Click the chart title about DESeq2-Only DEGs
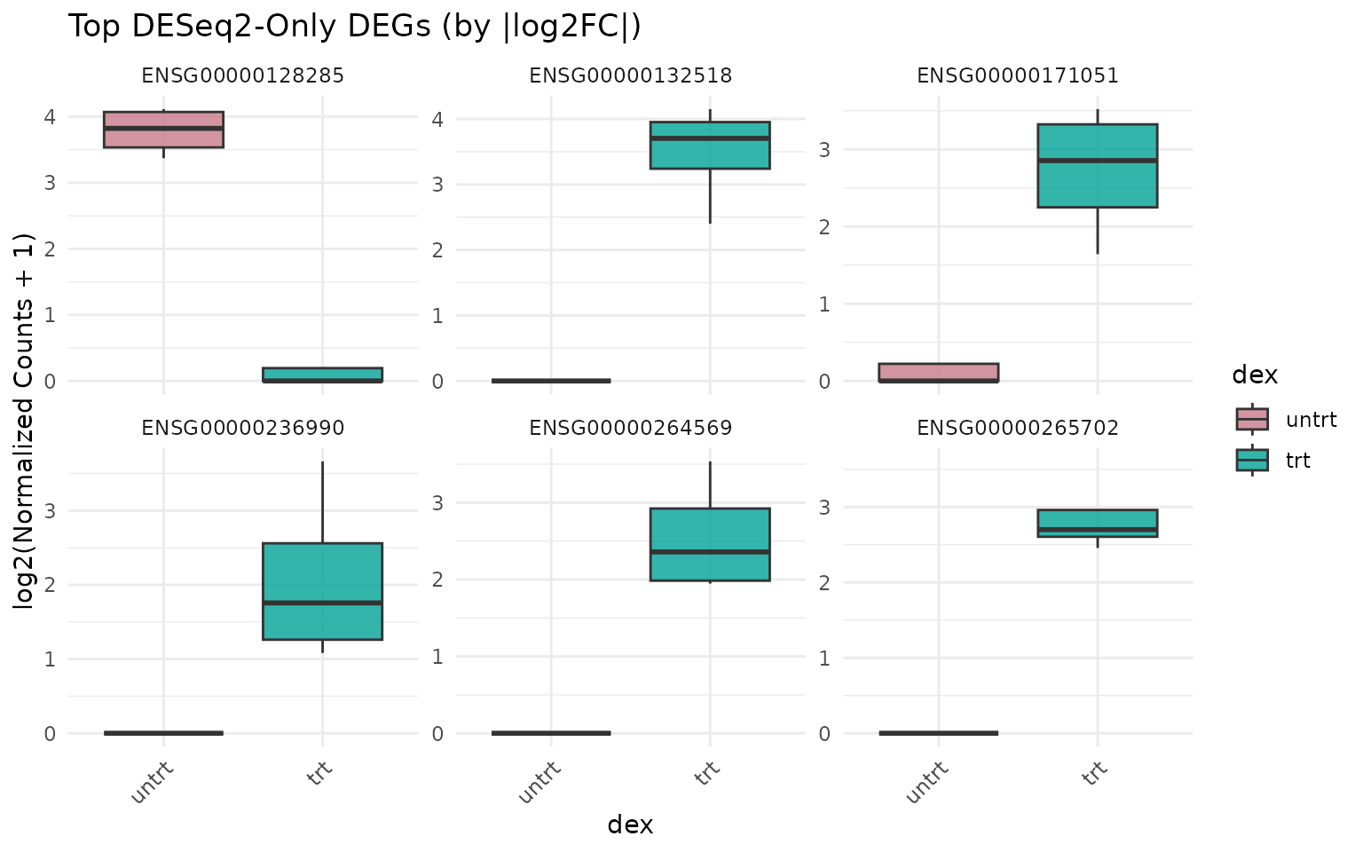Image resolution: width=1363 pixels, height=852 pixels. pos(354,27)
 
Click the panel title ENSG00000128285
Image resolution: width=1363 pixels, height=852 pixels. pos(243,76)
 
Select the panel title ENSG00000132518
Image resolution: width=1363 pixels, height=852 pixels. pos(630,76)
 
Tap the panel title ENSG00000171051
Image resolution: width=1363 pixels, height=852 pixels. pos(1018,76)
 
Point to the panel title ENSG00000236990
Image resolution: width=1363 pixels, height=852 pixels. pos(243,429)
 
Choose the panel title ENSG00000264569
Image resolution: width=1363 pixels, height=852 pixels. pos(630,429)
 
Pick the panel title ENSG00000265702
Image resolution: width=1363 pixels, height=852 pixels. pos(1018,429)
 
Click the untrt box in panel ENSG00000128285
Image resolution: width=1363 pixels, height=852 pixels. pos(163,130)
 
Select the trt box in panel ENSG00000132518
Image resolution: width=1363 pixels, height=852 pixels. pos(710,145)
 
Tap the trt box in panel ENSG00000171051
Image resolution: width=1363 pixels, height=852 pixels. pos(1098,166)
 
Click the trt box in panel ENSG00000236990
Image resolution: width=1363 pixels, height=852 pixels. pos(322,591)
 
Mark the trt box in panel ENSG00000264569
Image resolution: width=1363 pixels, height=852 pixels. pos(710,544)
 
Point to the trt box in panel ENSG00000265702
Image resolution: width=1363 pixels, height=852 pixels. pos(1098,523)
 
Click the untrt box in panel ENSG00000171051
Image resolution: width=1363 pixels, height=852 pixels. pos(939,373)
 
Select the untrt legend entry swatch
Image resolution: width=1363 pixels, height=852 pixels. pos(1252,419)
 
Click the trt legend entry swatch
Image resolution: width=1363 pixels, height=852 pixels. pos(1252,460)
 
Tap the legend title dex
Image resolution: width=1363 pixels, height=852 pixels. pos(1255,375)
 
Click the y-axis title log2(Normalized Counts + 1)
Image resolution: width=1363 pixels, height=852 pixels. pos(24,421)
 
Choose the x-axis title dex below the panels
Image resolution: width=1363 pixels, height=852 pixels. pos(630,825)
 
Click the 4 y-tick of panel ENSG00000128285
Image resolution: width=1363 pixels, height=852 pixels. pos(51,117)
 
